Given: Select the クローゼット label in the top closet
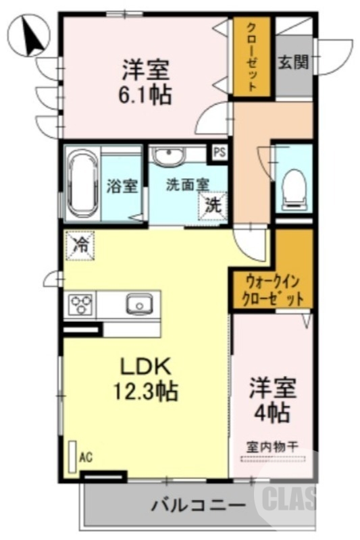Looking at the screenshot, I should pos(251,57).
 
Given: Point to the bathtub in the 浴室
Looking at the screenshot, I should pos(82,182).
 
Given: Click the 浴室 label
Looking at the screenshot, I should pos(122,186).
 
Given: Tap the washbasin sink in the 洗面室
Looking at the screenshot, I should pos(168,157).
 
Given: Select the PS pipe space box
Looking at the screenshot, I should pos(219,153).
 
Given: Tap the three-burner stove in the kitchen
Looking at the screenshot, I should pos(80,305).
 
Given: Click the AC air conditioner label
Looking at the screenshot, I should pos(86,458).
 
